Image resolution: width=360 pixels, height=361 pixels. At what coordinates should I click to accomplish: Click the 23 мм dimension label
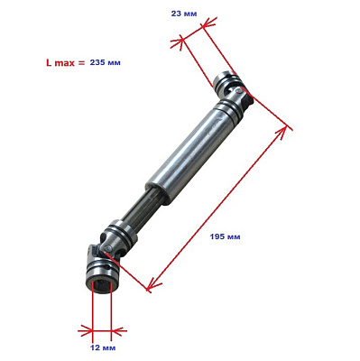point(184,14)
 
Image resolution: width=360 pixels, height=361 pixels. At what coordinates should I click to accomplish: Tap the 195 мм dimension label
point(225,236)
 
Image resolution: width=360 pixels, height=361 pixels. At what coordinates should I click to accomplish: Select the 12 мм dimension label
point(103,348)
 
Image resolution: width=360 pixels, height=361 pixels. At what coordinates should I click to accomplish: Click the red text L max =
point(66,63)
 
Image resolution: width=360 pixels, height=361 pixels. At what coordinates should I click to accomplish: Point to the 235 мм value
point(106,63)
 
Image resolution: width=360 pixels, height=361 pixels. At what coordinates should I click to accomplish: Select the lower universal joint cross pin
point(107,248)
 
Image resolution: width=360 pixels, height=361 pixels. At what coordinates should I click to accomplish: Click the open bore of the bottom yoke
point(101,285)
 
